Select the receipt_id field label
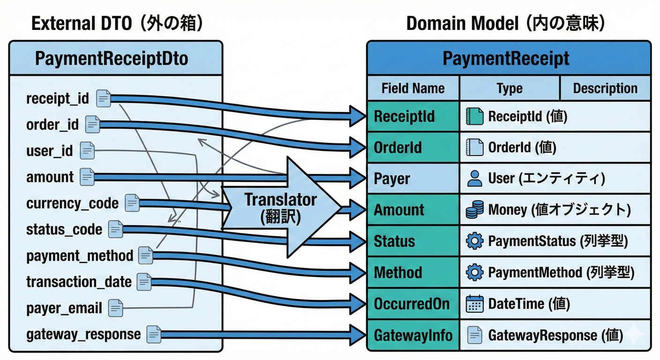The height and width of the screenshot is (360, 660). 57,98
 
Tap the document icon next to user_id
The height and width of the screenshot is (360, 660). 88,150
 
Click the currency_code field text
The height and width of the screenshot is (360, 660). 72,203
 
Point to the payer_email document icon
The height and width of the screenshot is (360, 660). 115,308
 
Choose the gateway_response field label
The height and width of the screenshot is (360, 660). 83,334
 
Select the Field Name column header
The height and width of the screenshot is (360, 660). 412,88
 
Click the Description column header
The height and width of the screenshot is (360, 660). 605,88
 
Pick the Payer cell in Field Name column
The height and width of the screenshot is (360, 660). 392,179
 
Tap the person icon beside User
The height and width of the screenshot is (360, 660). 475,179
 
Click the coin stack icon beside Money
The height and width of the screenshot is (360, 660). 474,210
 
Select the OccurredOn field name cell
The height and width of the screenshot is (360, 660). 412,304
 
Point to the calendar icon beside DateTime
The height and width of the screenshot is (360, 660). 474,304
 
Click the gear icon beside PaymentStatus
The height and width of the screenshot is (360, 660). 474,241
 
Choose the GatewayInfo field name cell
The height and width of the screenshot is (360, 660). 412,335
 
